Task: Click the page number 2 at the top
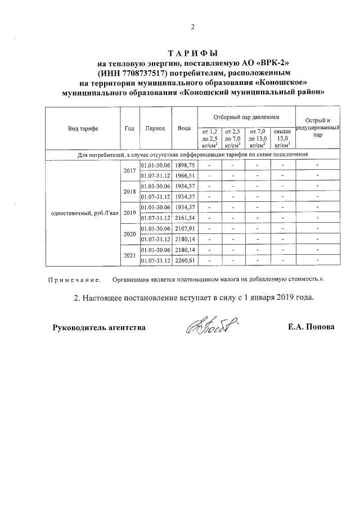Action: (192, 26)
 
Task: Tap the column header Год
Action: (129, 128)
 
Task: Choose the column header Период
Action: (155, 128)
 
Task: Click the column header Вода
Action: (184, 128)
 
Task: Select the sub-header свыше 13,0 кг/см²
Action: (282, 137)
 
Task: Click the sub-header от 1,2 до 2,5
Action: (209, 137)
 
